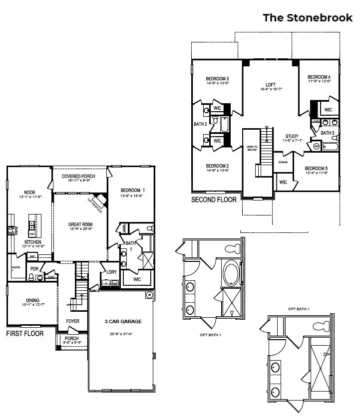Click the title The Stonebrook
click(x=308, y=18)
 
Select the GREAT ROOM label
click(x=80, y=224)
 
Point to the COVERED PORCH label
click(x=79, y=177)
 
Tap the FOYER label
click(x=73, y=322)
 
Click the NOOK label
click(x=29, y=193)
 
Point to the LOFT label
click(x=270, y=85)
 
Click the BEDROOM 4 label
click(x=319, y=77)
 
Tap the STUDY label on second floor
click(x=292, y=137)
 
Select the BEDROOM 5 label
click(x=317, y=168)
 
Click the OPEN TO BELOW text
click(x=251, y=149)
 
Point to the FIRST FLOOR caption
click(x=24, y=333)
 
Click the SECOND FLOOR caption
click(x=214, y=200)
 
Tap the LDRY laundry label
click(x=111, y=272)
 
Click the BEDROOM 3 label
click(x=217, y=79)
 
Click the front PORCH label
click(x=71, y=339)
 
